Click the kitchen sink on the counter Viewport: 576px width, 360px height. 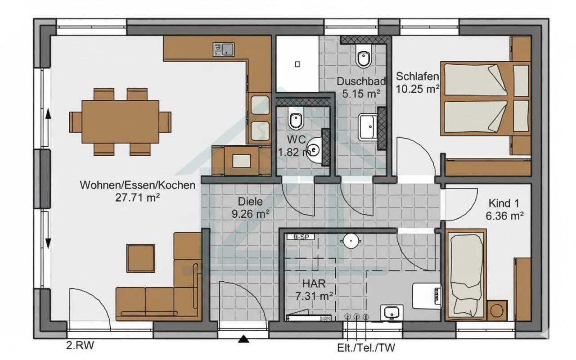click(224, 49)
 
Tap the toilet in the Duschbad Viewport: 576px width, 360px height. click(364, 56)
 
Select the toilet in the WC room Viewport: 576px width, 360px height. click(296, 118)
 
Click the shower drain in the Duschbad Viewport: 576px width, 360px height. click(297, 64)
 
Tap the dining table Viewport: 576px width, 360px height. click(120, 121)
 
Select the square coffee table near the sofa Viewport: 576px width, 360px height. click(141, 258)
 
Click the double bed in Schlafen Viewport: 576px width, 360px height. click(486, 99)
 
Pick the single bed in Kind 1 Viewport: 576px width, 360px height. click(466, 275)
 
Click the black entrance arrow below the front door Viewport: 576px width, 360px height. click(243, 339)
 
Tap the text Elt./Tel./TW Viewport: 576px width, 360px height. click(366, 348)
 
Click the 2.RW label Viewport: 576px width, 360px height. click(80, 345)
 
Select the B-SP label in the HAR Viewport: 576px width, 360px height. click(301, 237)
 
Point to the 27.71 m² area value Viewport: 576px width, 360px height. click(138, 198)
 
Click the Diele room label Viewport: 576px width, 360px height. click(250, 202)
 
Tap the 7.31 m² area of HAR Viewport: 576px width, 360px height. click(314, 296)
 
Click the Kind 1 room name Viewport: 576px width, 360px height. click(504, 203)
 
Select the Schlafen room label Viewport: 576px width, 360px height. click(417, 76)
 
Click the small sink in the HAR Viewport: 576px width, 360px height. click(392, 313)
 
